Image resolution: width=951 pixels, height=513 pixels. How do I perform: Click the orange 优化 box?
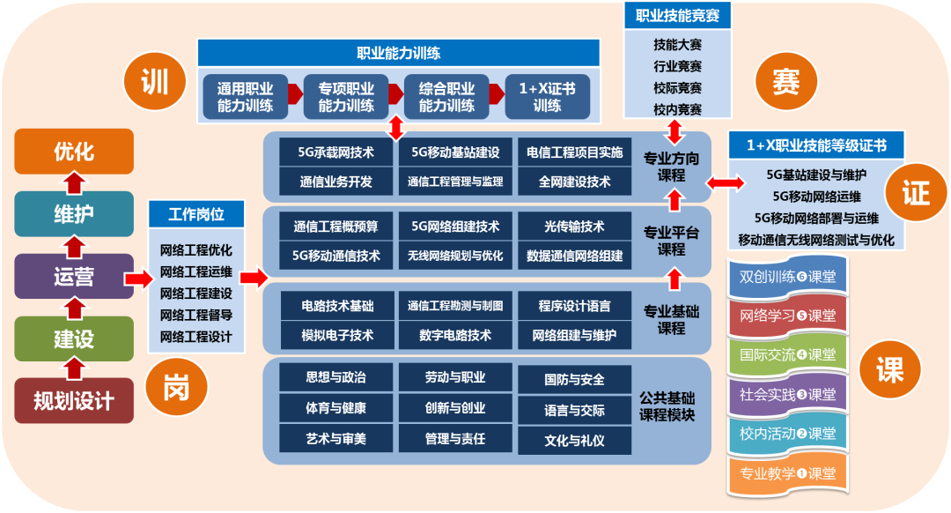[74, 151]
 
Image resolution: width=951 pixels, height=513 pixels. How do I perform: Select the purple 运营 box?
[74, 276]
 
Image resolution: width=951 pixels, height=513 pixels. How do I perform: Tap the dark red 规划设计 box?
[74, 401]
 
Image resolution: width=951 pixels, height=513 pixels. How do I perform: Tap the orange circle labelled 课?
[889, 369]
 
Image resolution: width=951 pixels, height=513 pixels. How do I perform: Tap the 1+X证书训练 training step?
[547, 97]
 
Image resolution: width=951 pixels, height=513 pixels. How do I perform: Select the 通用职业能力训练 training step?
[245, 97]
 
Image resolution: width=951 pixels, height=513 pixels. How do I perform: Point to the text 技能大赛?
[677, 43]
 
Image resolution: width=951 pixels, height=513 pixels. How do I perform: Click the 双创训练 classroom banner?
[787, 277]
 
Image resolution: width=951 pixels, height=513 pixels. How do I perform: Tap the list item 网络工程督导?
[195, 315]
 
